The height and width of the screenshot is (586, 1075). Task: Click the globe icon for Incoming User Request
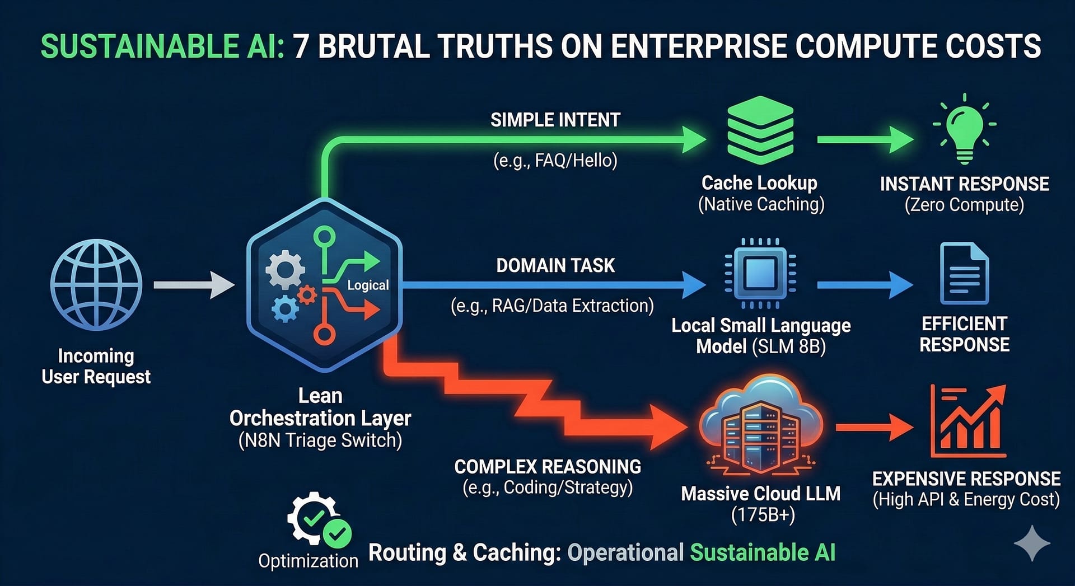96,284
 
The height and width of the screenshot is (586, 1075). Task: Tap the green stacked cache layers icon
760,131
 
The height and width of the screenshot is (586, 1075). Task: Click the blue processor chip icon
760,274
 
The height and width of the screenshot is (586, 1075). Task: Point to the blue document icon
964,274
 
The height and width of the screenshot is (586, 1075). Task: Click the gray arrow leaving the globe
194,285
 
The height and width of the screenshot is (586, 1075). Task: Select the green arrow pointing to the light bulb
864,139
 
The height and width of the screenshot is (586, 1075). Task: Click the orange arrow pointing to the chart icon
873,428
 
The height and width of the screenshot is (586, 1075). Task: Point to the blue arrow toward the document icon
864,285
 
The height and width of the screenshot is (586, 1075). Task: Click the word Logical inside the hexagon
368,285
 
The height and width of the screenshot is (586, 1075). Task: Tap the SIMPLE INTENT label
555,120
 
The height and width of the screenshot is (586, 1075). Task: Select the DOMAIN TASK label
555,265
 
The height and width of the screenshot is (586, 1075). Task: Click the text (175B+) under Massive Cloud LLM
763,515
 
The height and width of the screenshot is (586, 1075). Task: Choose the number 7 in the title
301,46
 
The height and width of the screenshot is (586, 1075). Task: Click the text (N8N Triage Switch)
320,440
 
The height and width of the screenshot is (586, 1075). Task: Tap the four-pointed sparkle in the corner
1032,543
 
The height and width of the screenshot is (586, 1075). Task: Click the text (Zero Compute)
964,205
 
